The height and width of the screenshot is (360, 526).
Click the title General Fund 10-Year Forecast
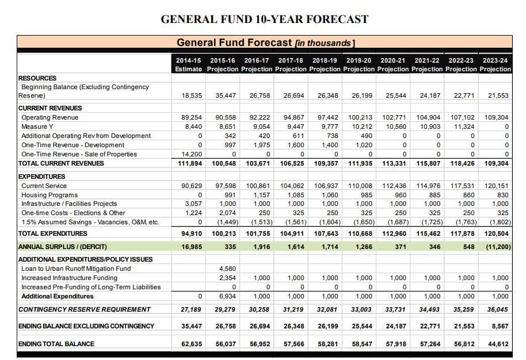click(x=264, y=19)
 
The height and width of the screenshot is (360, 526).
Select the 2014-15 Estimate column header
click(x=189, y=64)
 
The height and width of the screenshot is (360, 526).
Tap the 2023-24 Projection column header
click(x=495, y=64)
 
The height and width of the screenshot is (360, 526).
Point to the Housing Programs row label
click(x=49, y=195)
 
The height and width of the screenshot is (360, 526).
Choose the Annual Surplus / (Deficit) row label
click(x=62, y=247)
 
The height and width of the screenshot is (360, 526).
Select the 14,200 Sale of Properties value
click(x=192, y=154)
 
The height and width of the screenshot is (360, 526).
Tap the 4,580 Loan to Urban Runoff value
click(x=227, y=269)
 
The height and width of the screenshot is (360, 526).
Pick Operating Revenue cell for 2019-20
click(x=360, y=118)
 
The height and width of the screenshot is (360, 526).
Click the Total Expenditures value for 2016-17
click(x=258, y=233)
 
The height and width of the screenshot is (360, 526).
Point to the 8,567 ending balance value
click(x=500, y=326)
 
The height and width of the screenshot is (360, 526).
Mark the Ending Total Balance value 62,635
click(x=192, y=344)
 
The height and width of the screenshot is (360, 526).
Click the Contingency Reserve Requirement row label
click(x=84, y=310)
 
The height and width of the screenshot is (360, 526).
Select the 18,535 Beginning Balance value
click(x=192, y=95)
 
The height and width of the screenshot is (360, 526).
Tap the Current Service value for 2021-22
click(x=428, y=186)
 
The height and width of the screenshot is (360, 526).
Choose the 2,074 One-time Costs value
click(x=227, y=213)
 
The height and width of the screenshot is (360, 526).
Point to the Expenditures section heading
click(x=41, y=177)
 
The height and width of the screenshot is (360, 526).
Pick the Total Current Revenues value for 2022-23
click(x=463, y=163)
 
